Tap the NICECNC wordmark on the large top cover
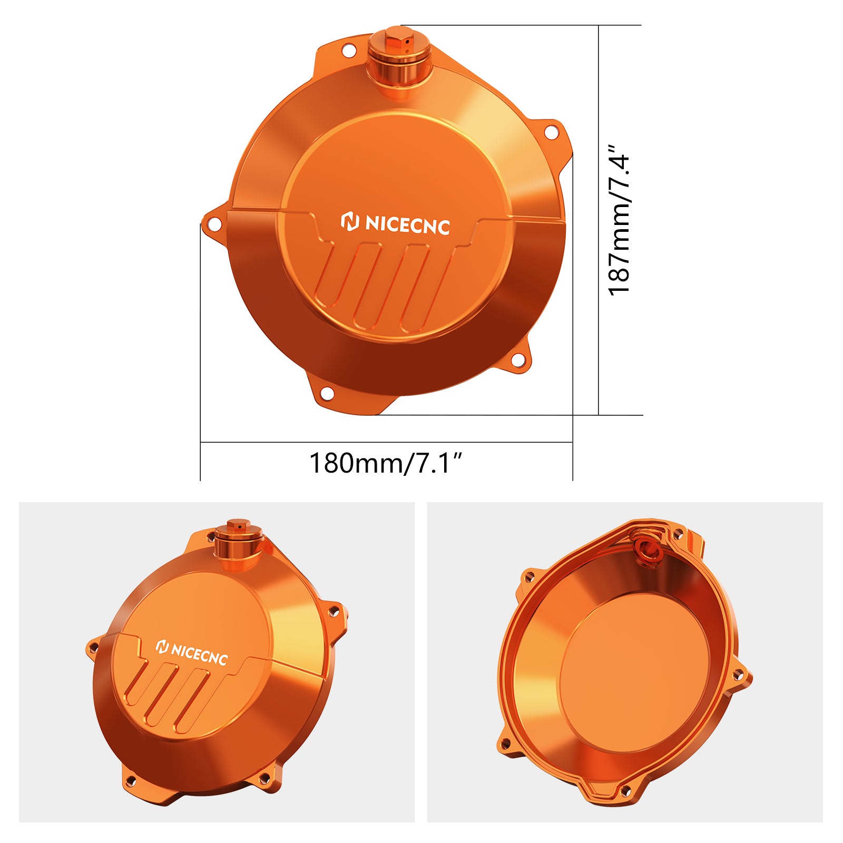(x=407, y=225)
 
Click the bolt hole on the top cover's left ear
(x=214, y=224)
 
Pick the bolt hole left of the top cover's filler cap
(x=349, y=51)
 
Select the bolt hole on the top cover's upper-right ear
(x=551, y=132)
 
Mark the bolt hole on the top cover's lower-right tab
(x=518, y=361)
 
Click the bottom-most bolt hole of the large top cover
(x=327, y=393)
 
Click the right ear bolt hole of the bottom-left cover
(x=333, y=611)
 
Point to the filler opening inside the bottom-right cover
(x=647, y=551)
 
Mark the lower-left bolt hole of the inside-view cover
(x=505, y=744)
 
